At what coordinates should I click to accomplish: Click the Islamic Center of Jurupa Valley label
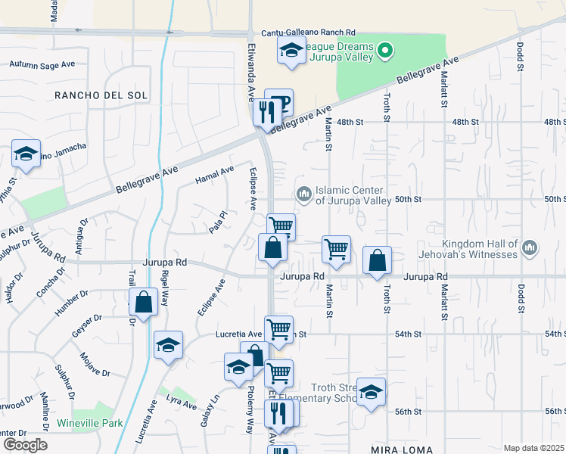click(x=353, y=195)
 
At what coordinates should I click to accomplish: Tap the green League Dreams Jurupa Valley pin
click(x=386, y=51)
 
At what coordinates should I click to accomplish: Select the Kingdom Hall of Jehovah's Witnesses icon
click(x=529, y=247)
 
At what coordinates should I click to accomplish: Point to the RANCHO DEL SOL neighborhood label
click(x=101, y=95)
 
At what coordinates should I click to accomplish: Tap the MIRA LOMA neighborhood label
click(x=401, y=449)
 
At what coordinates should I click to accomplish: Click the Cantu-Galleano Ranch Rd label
click(x=308, y=33)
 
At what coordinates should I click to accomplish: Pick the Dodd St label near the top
click(x=521, y=58)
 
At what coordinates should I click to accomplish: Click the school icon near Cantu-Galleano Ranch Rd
click(x=291, y=51)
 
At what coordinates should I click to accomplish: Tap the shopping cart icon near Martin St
click(x=336, y=247)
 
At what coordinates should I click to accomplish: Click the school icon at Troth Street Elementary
click(x=371, y=391)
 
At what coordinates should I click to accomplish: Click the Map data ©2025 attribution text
click(x=534, y=448)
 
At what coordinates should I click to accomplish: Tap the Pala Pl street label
click(x=219, y=222)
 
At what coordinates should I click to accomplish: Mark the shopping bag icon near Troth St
click(x=377, y=260)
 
